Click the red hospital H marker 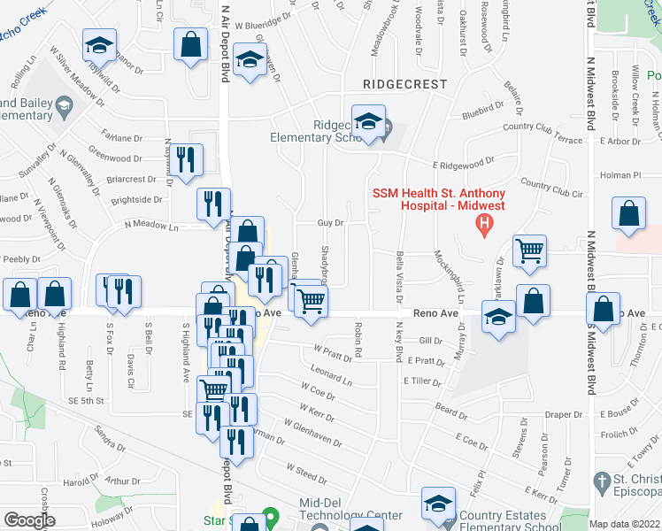[x=484, y=227]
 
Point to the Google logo [x=29, y=520]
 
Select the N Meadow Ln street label [x=151, y=227]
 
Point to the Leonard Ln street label [x=331, y=378]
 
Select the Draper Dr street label [x=564, y=414]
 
